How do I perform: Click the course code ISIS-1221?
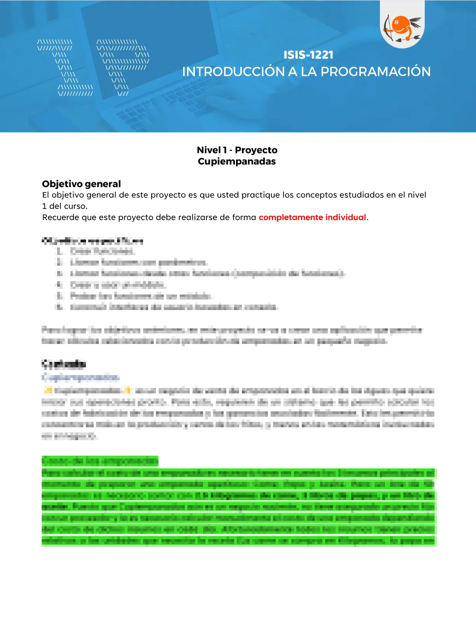[308, 55]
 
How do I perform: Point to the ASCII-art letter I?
[65, 67]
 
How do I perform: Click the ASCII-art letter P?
[122, 67]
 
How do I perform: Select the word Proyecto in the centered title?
[256, 150]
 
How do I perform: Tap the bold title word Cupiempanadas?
[236, 161]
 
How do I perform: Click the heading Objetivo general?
[81, 184]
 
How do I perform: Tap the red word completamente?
[290, 217]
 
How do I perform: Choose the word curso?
[75, 206]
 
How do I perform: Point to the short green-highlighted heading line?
[100, 461]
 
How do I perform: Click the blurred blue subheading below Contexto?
[80, 377]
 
